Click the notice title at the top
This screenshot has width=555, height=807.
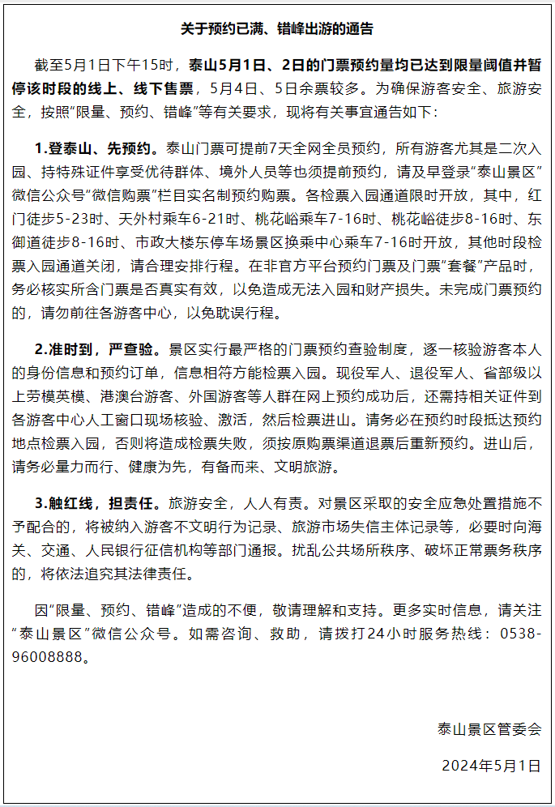click(277, 28)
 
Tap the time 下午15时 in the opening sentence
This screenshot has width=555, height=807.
click(155, 65)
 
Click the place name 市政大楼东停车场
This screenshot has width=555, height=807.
click(195, 243)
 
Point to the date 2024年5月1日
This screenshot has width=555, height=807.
click(491, 765)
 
